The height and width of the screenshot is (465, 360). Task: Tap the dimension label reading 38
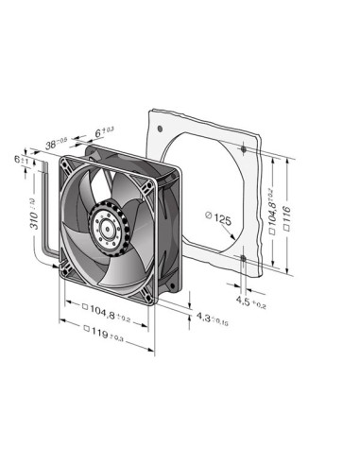pyautogui.click(x=57, y=144)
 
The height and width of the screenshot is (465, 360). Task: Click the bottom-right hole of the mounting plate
pyautogui.click(x=244, y=255)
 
